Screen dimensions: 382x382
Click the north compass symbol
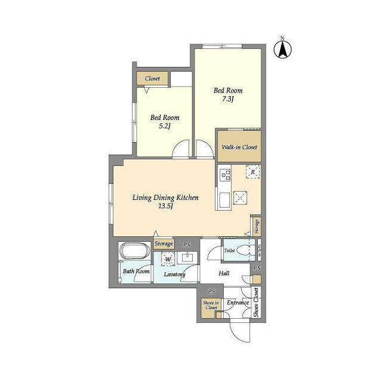click(x=282, y=49)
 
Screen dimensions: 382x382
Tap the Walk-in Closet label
click(x=239, y=147)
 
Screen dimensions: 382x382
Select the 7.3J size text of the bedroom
click(x=228, y=99)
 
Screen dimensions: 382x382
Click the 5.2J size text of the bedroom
click(x=165, y=126)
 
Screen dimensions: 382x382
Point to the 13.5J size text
click(x=165, y=206)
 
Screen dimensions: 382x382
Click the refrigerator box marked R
click(x=252, y=172)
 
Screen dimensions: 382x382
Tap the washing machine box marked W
click(x=168, y=259)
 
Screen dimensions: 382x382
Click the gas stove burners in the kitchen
click(x=225, y=175)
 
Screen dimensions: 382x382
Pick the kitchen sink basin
click(x=224, y=200)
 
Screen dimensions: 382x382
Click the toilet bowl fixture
click(x=244, y=250)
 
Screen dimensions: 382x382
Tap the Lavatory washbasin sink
click(x=187, y=258)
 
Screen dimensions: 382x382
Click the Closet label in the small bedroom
click(x=152, y=78)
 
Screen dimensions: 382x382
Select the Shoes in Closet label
click(x=211, y=305)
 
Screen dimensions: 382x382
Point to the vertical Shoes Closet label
click(x=256, y=303)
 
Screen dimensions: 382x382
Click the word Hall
click(x=224, y=273)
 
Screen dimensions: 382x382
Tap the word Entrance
click(x=238, y=303)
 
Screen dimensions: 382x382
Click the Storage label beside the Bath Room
click(x=164, y=244)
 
